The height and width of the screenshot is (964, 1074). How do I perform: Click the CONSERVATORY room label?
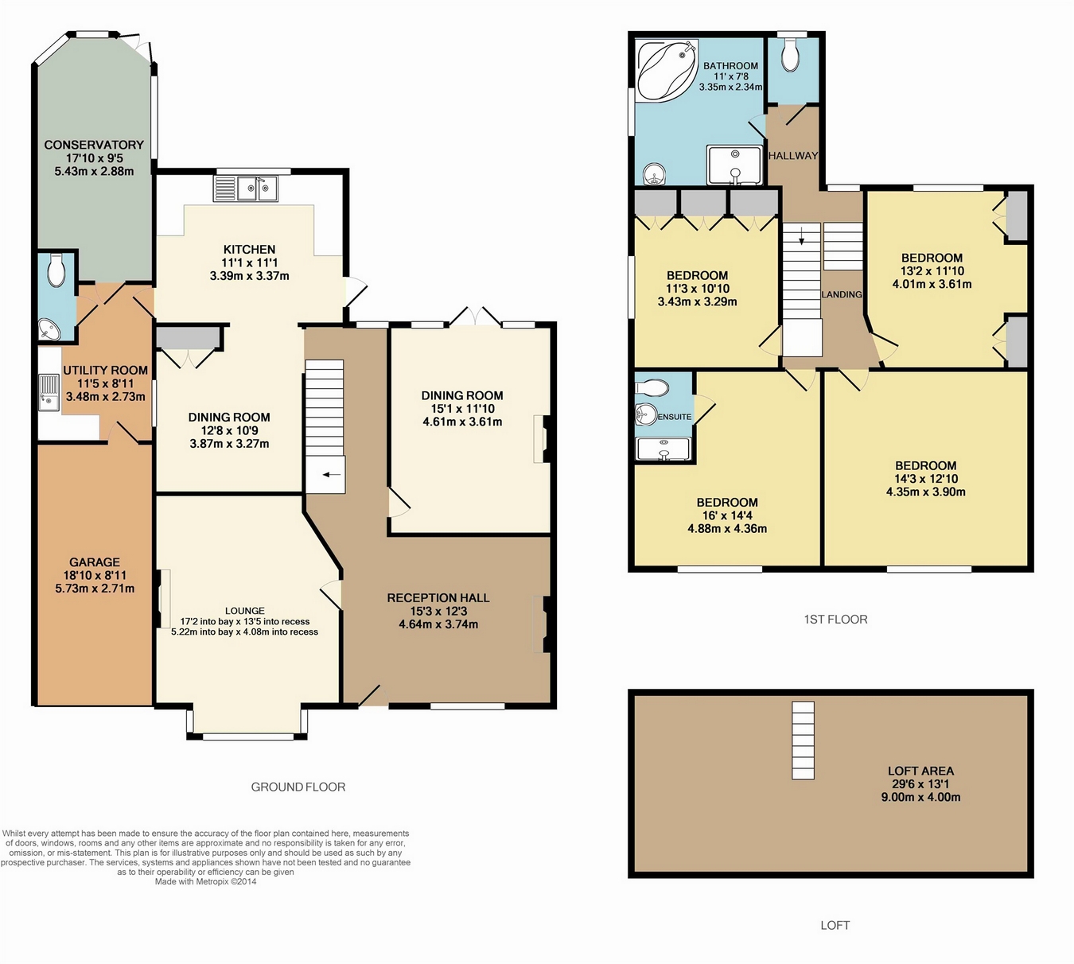click(x=94, y=145)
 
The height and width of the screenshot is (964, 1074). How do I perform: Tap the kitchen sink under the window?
click(x=246, y=189)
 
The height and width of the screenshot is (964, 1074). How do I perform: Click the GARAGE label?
click(x=95, y=562)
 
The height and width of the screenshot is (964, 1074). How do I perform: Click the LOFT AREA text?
click(x=920, y=771)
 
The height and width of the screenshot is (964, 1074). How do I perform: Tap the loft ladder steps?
click(x=803, y=740)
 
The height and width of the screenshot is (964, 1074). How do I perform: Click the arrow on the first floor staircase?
click(x=802, y=235)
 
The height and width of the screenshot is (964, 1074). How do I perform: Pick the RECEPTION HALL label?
click(x=438, y=598)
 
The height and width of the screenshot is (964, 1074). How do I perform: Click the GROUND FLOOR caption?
click(x=298, y=787)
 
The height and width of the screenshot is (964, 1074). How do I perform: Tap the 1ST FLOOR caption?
click(x=835, y=619)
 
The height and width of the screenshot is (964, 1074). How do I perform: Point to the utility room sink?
click(x=49, y=392)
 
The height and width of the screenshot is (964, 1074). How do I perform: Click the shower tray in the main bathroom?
click(x=735, y=165)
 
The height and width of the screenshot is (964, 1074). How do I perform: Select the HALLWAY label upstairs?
click(x=793, y=156)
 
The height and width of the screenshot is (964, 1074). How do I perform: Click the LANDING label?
click(x=842, y=294)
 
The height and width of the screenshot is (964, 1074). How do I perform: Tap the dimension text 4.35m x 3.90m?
click(x=925, y=492)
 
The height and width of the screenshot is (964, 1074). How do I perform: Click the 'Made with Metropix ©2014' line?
click(x=206, y=882)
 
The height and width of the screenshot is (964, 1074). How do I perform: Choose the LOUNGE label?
click(x=244, y=611)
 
